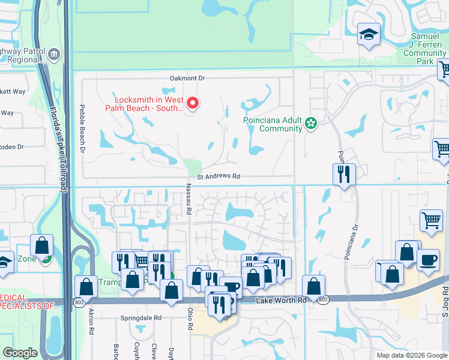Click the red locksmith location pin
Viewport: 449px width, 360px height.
tap(193, 103)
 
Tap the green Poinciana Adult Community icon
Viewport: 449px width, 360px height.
tap(310, 124)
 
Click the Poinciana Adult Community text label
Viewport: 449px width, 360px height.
tap(273, 124)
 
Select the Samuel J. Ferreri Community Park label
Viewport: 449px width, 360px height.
tap(425, 49)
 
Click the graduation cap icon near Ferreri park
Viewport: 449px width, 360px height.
tap(368, 34)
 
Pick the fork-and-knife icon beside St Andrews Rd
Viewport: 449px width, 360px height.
tap(344, 175)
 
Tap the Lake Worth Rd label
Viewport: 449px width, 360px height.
tap(279, 300)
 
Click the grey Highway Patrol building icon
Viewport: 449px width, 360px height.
tap(55, 55)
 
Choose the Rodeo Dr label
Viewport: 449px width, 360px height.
tap(11, 146)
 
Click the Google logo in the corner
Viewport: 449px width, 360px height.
tap(20, 353)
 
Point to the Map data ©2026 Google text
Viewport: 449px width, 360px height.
tap(412, 355)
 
